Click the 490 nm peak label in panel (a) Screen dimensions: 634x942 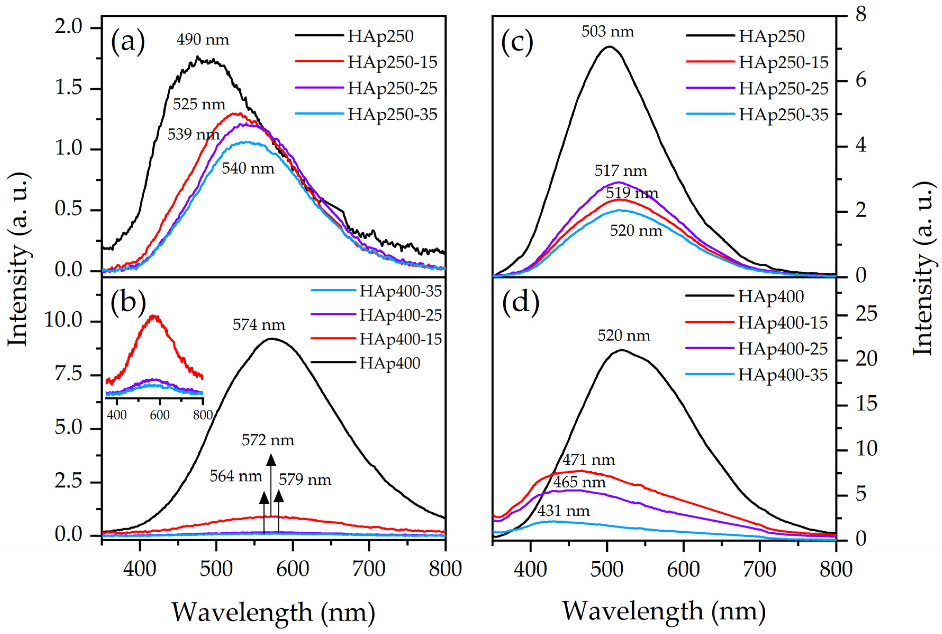coord(203,40)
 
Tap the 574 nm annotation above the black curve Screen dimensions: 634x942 coord(259,325)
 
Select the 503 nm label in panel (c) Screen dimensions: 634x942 coord(608,31)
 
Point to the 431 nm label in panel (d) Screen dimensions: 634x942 coord(563,511)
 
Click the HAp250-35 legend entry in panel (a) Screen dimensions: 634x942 coord(392,115)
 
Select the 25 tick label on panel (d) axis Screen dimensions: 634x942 coord(866,314)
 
